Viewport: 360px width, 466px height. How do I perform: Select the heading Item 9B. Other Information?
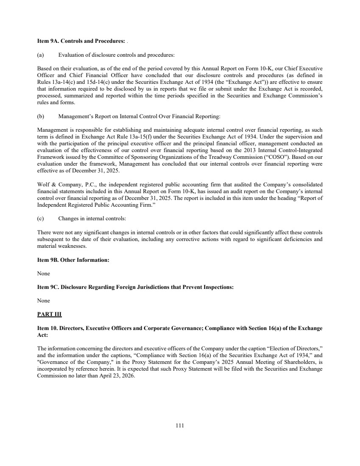pos(73,260)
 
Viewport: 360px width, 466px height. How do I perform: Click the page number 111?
pos(179,426)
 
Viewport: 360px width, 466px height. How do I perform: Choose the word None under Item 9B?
pos(44,273)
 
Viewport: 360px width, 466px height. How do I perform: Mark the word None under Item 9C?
pos(44,300)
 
